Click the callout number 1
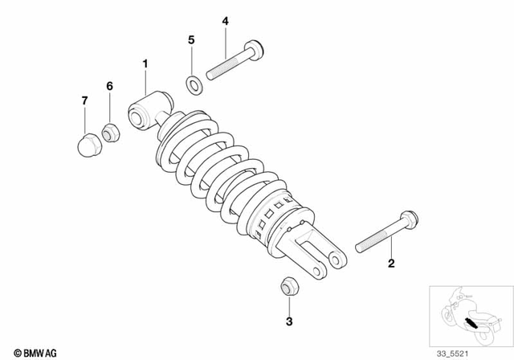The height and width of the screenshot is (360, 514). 145,63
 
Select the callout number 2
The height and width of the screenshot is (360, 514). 391,263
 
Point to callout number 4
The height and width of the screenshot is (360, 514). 225,21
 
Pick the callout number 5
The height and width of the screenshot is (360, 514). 191,39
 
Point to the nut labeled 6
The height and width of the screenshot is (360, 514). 111,132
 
